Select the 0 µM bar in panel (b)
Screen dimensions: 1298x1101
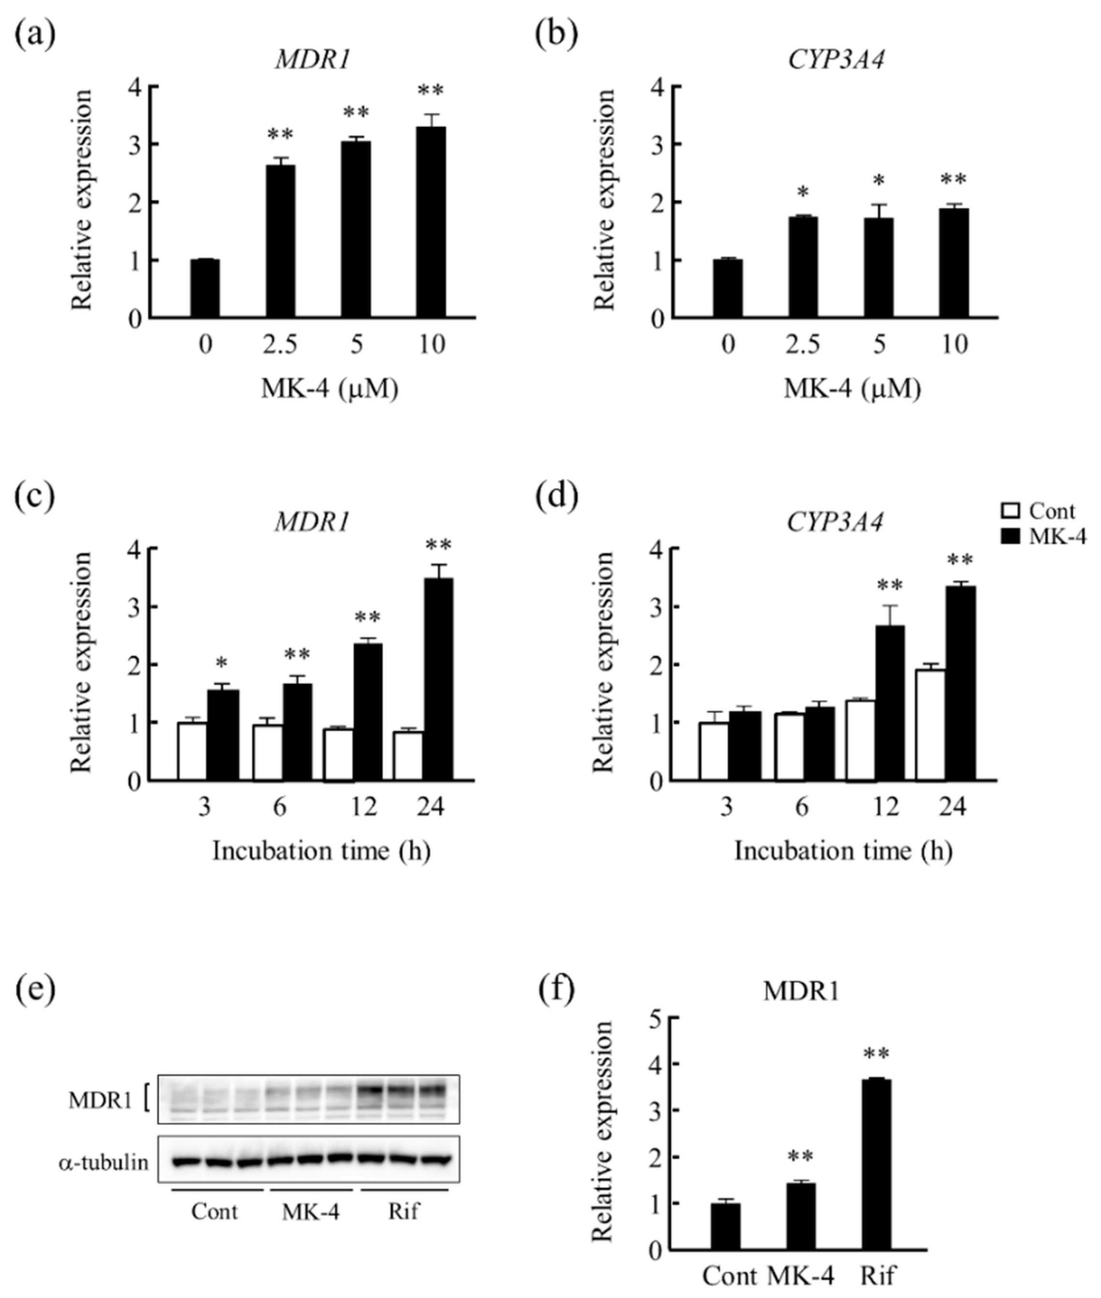[728, 289]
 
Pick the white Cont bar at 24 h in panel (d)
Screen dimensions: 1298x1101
[930, 725]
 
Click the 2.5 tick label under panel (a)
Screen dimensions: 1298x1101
[280, 344]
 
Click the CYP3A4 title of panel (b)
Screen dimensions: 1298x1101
[836, 60]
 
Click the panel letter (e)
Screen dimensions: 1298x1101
[35, 990]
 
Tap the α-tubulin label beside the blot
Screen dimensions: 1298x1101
[103, 1162]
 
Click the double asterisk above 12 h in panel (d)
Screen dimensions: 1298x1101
[889, 585]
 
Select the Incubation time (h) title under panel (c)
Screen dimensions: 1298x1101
[321, 851]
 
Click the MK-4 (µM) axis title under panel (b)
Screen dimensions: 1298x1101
[853, 389]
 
